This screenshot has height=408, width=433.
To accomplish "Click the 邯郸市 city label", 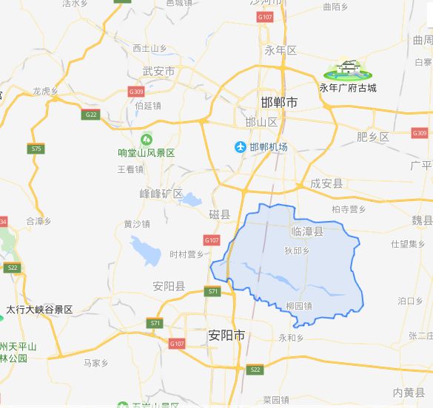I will (280, 103).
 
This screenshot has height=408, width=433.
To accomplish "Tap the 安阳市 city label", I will (226, 335).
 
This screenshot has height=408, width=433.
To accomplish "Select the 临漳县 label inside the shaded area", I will (307, 231).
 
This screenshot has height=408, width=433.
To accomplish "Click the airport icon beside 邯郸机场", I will (240, 147).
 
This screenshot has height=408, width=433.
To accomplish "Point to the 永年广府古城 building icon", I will (347, 70).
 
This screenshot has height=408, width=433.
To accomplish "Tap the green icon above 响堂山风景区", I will (147, 139).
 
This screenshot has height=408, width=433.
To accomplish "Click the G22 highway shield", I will (91, 115).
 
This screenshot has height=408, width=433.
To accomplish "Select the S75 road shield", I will (36, 149).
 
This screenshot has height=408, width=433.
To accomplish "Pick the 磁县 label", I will (219, 214).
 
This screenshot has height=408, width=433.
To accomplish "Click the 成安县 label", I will (326, 183).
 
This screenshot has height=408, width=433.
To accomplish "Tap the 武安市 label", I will (158, 72).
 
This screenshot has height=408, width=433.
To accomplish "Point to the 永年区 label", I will (281, 50).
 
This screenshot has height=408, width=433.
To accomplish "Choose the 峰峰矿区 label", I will (161, 194).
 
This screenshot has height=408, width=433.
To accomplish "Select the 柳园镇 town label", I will (298, 305).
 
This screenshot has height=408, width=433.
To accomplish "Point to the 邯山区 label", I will (261, 122).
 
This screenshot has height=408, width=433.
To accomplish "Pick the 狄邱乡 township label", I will (296, 251).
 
